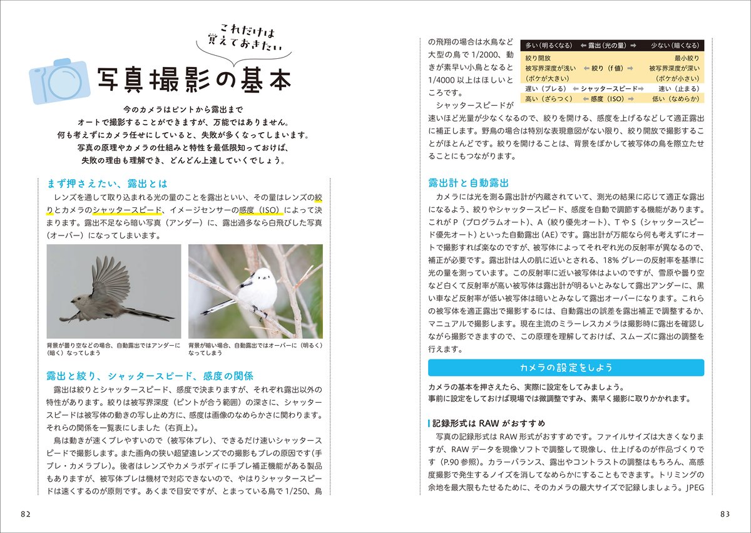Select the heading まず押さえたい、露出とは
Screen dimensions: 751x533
point(108,184)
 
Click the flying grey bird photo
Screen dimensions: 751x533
point(114,291)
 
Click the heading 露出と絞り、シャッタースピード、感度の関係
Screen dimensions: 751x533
point(150,376)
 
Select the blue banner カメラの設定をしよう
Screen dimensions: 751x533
point(566,367)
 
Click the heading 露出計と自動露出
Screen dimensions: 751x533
point(467,183)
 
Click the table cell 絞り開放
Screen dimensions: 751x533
point(538,58)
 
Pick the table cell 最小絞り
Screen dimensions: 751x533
point(686,58)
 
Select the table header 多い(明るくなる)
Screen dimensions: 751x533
point(548,46)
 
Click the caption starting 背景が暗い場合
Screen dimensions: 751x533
point(255,349)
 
